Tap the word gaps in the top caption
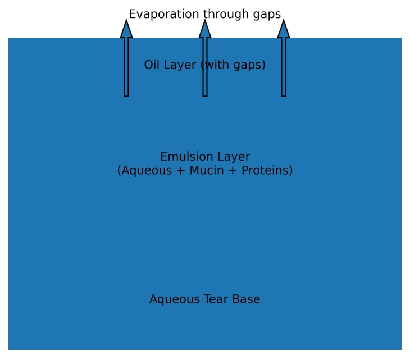tap(266, 15)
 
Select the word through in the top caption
tap(221, 15)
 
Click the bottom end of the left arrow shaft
tap(126, 95)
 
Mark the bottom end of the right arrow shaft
tap(284, 95)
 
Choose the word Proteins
tap(267, 171)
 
